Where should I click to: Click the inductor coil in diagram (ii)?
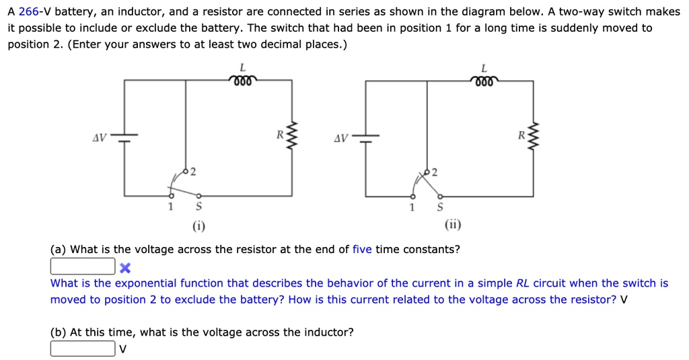click(484, 81)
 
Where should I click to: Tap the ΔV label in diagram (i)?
click(99, 138)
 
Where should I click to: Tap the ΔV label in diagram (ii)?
click(341, 139)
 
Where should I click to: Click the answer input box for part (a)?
click(82, 266)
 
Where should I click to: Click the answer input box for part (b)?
click(82, 349)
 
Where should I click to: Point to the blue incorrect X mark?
click(124, 267)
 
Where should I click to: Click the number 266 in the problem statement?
click(30, 12)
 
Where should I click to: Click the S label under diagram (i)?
click(198, 207)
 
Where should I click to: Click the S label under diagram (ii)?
click(440, 207)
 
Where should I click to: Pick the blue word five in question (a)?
click(362, 250)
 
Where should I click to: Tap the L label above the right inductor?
click(484, 67)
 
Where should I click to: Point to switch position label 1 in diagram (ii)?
click(412, 207)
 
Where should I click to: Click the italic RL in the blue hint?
click(522, 283)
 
